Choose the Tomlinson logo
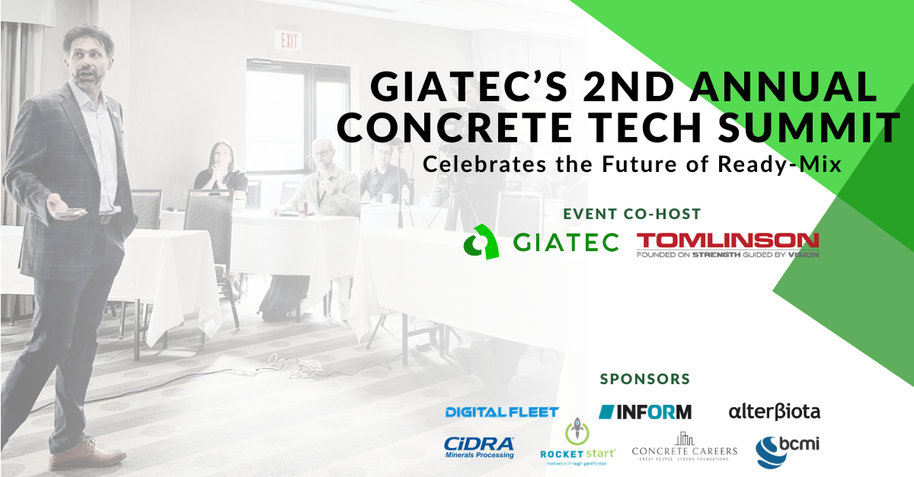727,245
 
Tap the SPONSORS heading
645,378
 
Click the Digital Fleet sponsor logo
502,412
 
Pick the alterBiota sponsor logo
774,412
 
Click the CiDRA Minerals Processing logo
479,447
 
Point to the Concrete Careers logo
685,447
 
